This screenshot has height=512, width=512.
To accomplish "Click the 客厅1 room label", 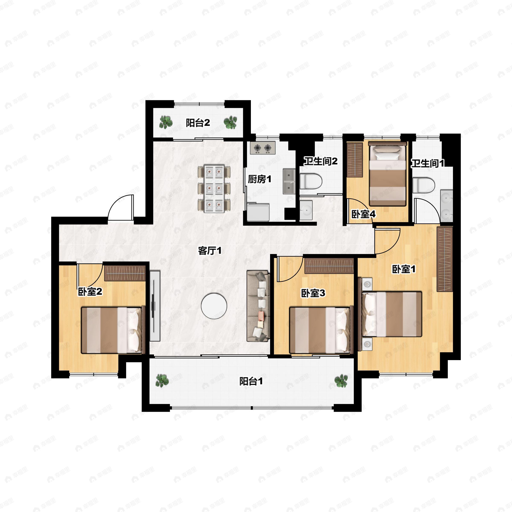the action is [x=210, y=251].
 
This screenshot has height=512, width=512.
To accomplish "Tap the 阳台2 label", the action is [x=198, y=123].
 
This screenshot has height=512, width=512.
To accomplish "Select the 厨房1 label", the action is [x=259, y=179].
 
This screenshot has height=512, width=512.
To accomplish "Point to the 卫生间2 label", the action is [x=321, y=161].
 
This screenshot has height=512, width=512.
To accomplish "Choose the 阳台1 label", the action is [x=251, y=382].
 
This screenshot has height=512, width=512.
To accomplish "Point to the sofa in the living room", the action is [x=258, y=306].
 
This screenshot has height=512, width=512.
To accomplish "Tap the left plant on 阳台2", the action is [x=166, y=122].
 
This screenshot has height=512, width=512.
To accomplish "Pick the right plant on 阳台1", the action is [x=341, y=381].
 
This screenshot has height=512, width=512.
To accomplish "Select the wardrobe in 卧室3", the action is [x=329, y=266].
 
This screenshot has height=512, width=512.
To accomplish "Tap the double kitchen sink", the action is [x=289, y=182].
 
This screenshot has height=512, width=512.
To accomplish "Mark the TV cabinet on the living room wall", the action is [x=155, y=306].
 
